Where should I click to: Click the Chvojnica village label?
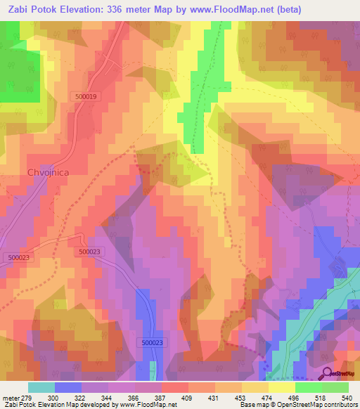[48, 171]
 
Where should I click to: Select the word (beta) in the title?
[335, 10]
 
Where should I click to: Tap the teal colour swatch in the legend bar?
[41, 387]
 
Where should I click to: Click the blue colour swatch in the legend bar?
[68, 387]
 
